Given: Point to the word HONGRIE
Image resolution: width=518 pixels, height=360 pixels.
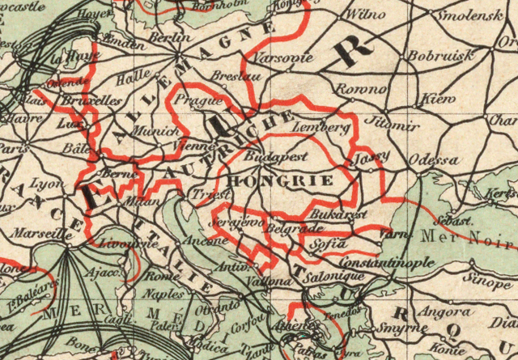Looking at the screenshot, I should coord(281,180).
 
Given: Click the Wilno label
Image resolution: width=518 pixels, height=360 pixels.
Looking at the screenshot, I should coord(360,15).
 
